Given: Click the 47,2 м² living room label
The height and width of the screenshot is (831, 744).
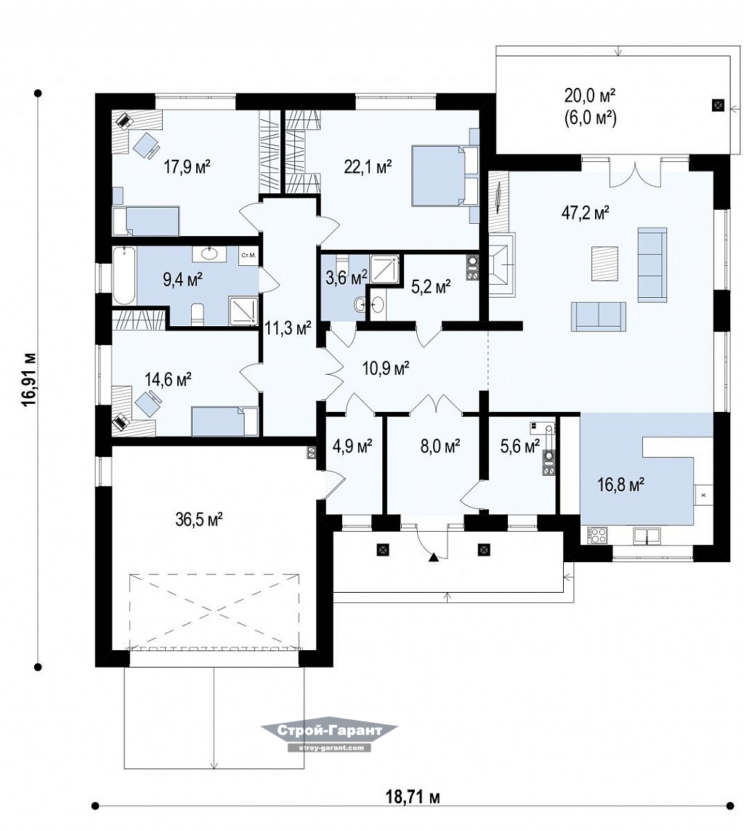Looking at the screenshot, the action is [585, 213].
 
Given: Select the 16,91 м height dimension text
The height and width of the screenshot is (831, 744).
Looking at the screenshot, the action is [30, 379].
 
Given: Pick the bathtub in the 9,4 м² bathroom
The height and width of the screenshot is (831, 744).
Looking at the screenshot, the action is [124, 275].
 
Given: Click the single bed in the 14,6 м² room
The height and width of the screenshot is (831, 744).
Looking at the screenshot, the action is [225, 421].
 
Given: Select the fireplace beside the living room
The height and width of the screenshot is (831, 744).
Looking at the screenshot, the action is [501, 265].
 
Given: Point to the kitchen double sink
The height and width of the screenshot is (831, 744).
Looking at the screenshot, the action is [647, 536].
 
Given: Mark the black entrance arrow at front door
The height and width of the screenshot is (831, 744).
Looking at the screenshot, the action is [434, 556].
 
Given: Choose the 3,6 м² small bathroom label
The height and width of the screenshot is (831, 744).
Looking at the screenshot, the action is [346, 277].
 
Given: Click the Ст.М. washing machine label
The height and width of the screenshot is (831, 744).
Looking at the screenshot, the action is [248, 256].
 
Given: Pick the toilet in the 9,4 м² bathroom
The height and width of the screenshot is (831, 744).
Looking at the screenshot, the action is [197, 315].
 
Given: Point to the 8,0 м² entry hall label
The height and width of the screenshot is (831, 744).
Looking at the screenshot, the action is [440, 446].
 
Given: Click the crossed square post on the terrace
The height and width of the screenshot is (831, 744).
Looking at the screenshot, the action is [718, 105].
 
